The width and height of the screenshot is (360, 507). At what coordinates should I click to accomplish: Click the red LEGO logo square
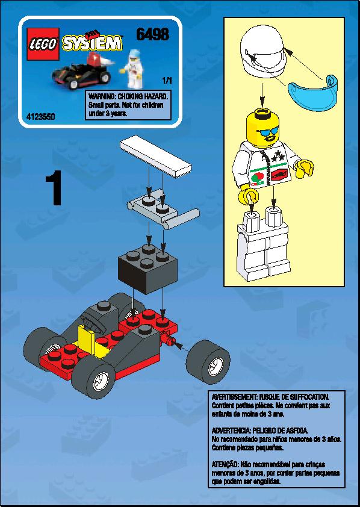43,43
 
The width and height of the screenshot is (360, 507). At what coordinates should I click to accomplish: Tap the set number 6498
152,34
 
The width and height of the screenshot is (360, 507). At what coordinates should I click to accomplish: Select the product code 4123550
40,116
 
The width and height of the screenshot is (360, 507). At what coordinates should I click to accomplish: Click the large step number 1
54,188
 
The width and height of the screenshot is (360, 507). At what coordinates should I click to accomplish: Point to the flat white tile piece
156,157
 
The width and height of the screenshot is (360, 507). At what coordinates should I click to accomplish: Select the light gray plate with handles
164,209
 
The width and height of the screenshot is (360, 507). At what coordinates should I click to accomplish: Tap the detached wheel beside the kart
208,362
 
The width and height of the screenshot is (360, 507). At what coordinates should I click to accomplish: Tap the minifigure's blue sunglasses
267,132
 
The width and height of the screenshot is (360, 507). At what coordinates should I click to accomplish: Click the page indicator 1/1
167,80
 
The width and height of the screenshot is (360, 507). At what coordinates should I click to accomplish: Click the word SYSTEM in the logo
93,43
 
